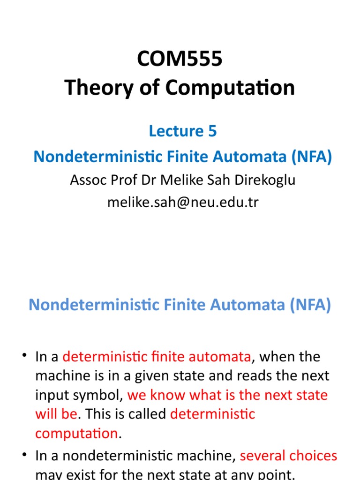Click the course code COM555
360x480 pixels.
(x=180, y=60)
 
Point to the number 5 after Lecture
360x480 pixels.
(x=212, y=132)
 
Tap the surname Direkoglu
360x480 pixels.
(x=266, y=180)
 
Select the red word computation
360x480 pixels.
(x=76, y=433)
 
